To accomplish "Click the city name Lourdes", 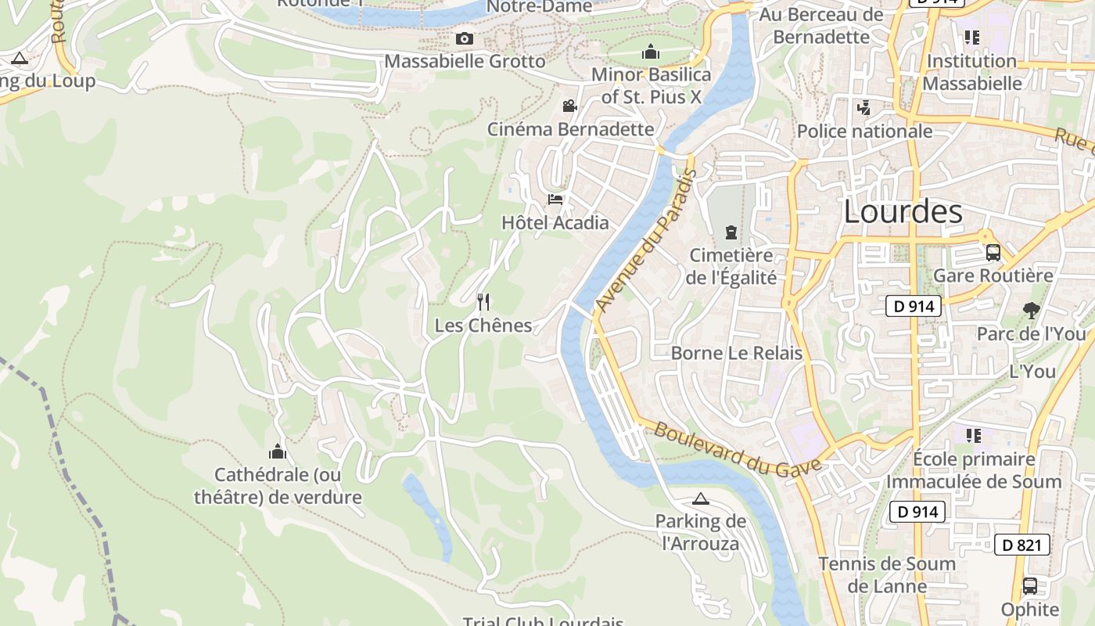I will pyautogui.click(x=903, y=211).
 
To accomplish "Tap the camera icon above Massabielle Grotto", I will pyautogui.click(x=465, y=38).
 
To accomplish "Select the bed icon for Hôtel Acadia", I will pyautogui.click(x=555, y=200).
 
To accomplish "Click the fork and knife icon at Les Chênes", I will pyautogui.click(x=483, y=301).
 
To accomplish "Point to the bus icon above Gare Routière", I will pyautogui.click(x=993, y=253).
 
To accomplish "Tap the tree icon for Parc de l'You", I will pyautogui.click(x=1031, y=311).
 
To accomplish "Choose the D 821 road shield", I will pyautogui.click(x=1021, y=545).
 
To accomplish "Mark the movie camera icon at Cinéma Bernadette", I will pyautogui.click(x=569, y=106).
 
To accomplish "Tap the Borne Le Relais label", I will pyautogui.click(x=736, y=353).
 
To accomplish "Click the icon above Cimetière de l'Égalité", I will pyautogui.click(x=731, y=232).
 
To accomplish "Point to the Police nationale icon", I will pyautogui.click(x=863, y=108).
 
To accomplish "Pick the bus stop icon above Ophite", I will pyautogui.click(x=1030, y=586).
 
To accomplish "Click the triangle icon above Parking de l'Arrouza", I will pyautogui.click(x=700, y=498).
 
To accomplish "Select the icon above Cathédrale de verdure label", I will pyautogui.click(x=277, y=452).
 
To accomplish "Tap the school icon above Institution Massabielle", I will pyautogui.click(x=972, y=38).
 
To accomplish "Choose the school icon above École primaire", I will pyautogui.click(x=973, y=436).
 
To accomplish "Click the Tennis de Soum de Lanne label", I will pyautogui.click(x=887, y=574).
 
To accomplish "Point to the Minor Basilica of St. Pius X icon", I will pyautogui.click(x=651, y=52).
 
